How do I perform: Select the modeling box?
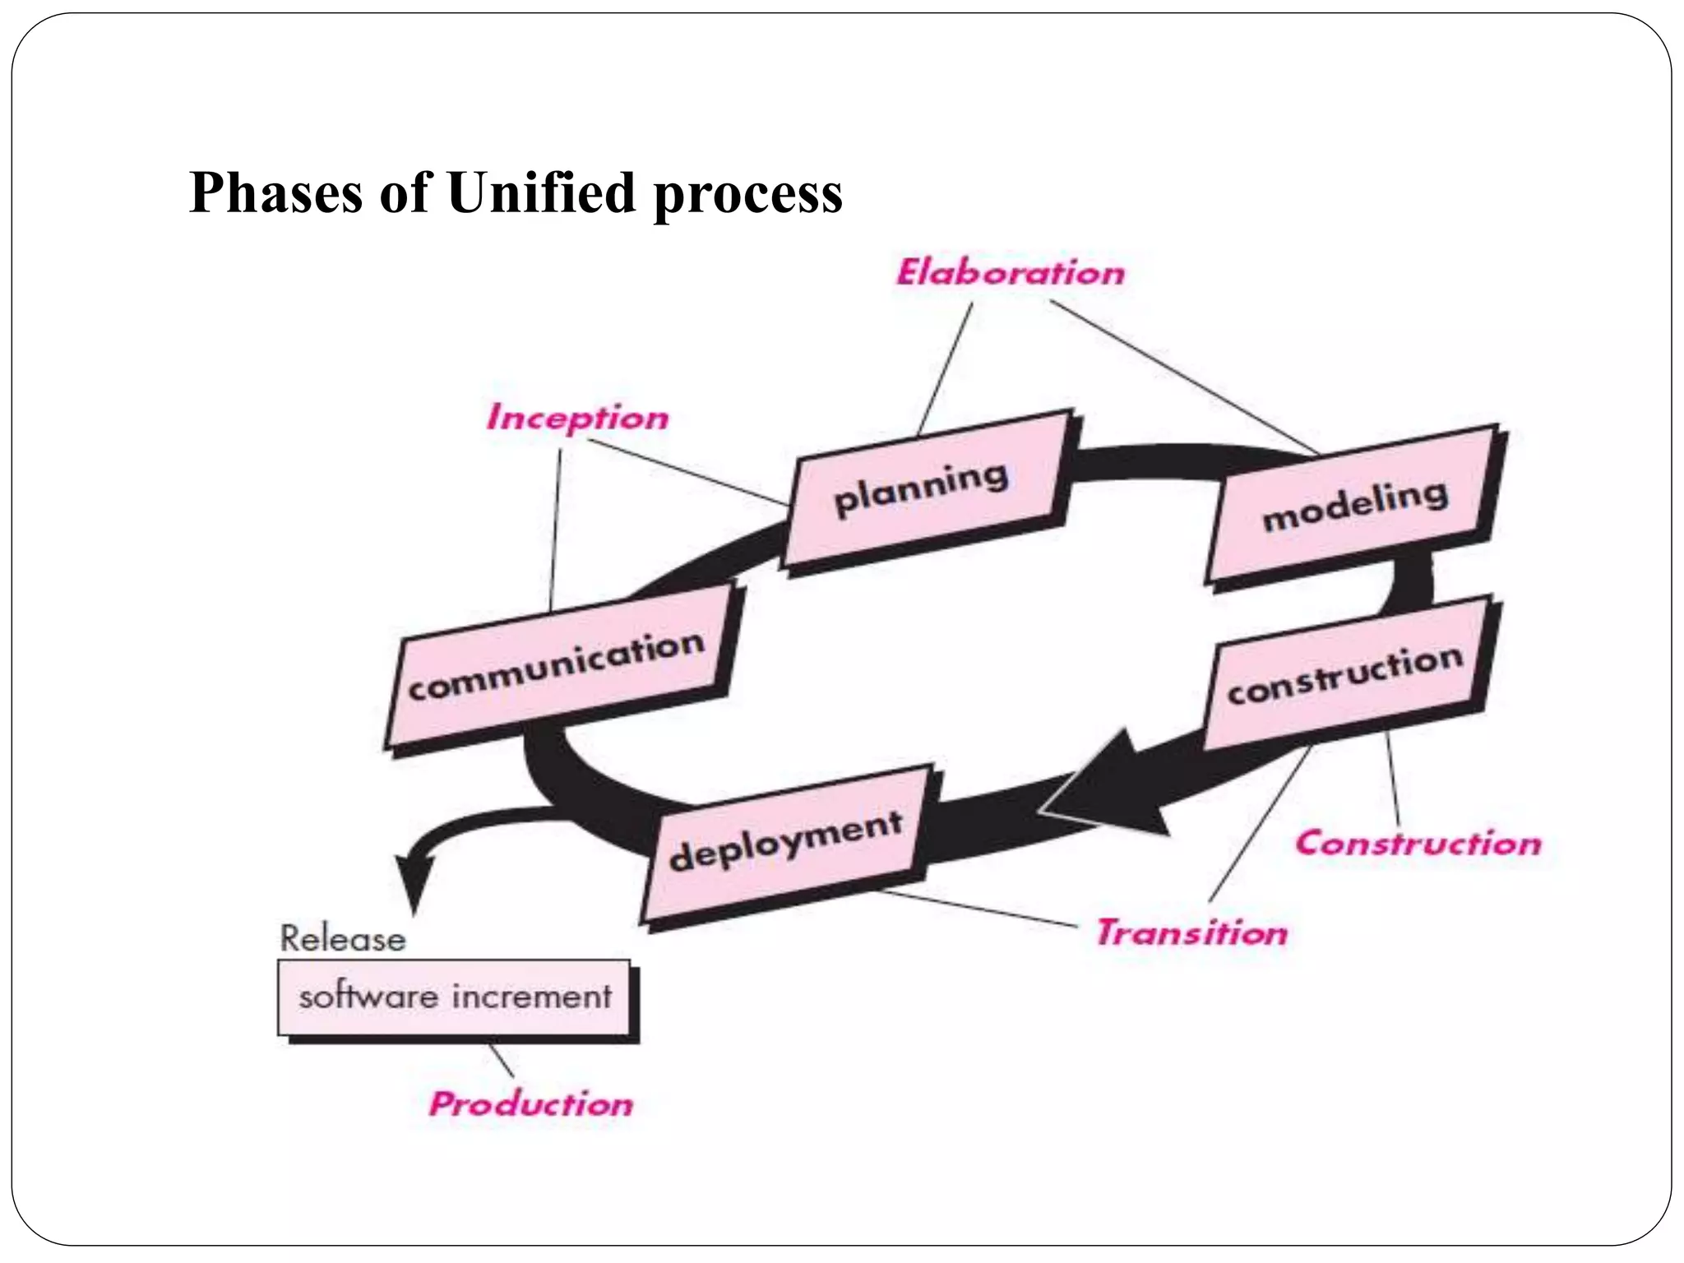(1353, 506)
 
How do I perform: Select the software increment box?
(455, 997)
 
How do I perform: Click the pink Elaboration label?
(1011, 273)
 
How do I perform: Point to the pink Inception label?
(577, 418)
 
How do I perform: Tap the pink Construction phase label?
(1418, 844)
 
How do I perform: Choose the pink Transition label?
(1192, 933)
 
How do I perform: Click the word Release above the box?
(343, 939)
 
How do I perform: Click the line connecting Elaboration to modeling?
(1184, 377)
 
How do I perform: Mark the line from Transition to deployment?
(978, 909)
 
